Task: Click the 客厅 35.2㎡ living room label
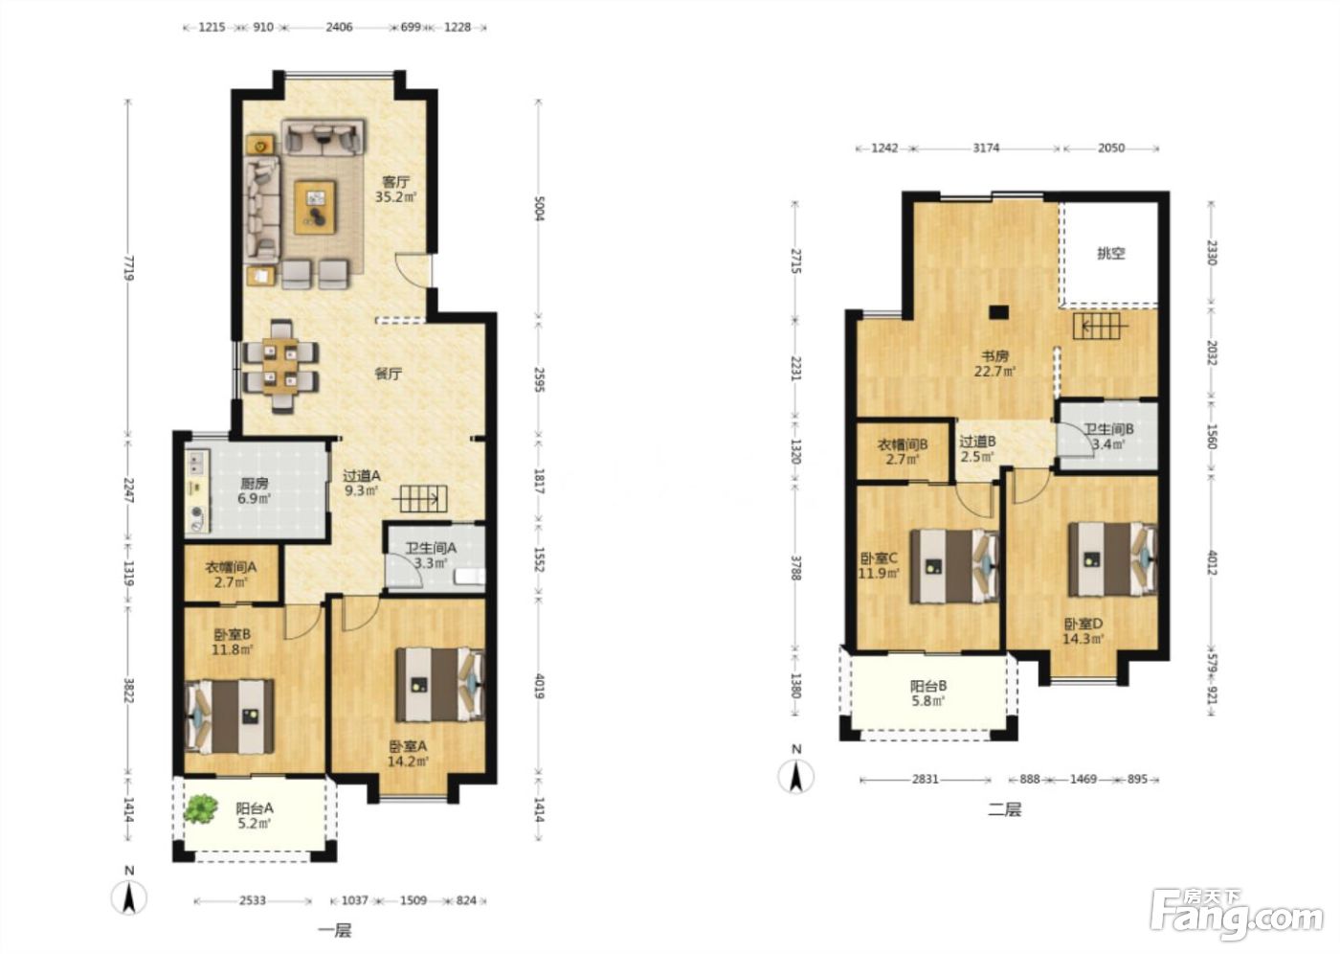(x=395, y=189)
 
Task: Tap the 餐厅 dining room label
(x=389, y=375)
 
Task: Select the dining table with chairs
(x=279, y=367)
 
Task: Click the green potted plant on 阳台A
(x=200, y=808)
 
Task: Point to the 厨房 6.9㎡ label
(x=255, y=490)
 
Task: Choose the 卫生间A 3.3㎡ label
(x=431, y=556)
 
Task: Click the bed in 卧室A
(x=439, y=684)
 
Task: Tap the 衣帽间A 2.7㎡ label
(x=231, y=574)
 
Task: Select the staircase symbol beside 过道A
(x=423, y=498)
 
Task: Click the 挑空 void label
(x=1111, y=254)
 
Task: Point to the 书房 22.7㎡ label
(x=994, y=364)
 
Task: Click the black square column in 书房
(x=998, y=312)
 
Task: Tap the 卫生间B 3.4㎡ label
(x=1109, y=437)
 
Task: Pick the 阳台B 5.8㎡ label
(x=927, y=693)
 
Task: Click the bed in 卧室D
(x=1113, y=560)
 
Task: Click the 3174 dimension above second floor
(x=986, y=148)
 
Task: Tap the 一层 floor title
(x=334, y=930)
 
